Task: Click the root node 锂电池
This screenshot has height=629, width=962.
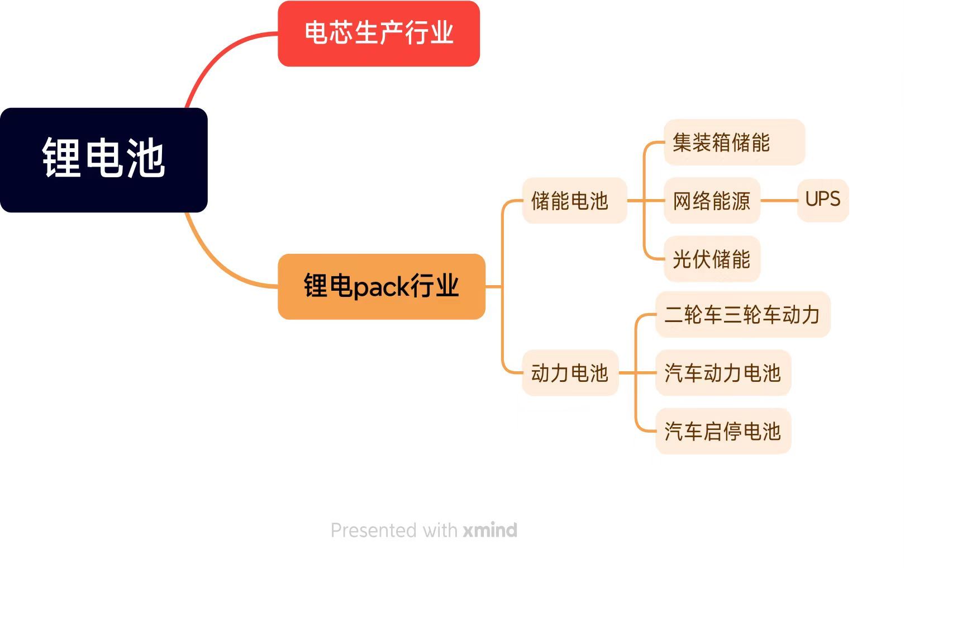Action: pos(103,159)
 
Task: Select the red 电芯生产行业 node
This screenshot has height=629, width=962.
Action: pos(378,33)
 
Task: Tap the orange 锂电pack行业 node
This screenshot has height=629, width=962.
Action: pos(381,286)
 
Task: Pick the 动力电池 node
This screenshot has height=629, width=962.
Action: pos(570,373)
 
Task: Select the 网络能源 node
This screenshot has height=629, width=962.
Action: pos(712,201)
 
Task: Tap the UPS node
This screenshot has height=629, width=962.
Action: pos(822,200)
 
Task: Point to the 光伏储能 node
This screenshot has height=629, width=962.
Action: pos(712,259)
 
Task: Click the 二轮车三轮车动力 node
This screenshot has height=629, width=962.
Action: pos(742,314)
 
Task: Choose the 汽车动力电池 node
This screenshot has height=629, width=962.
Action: pos(723,373)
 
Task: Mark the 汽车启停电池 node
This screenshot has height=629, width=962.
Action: pos(723,431)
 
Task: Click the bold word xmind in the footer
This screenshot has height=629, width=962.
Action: pos(490,530)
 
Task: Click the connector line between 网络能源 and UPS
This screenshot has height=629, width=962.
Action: pos(779,200)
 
